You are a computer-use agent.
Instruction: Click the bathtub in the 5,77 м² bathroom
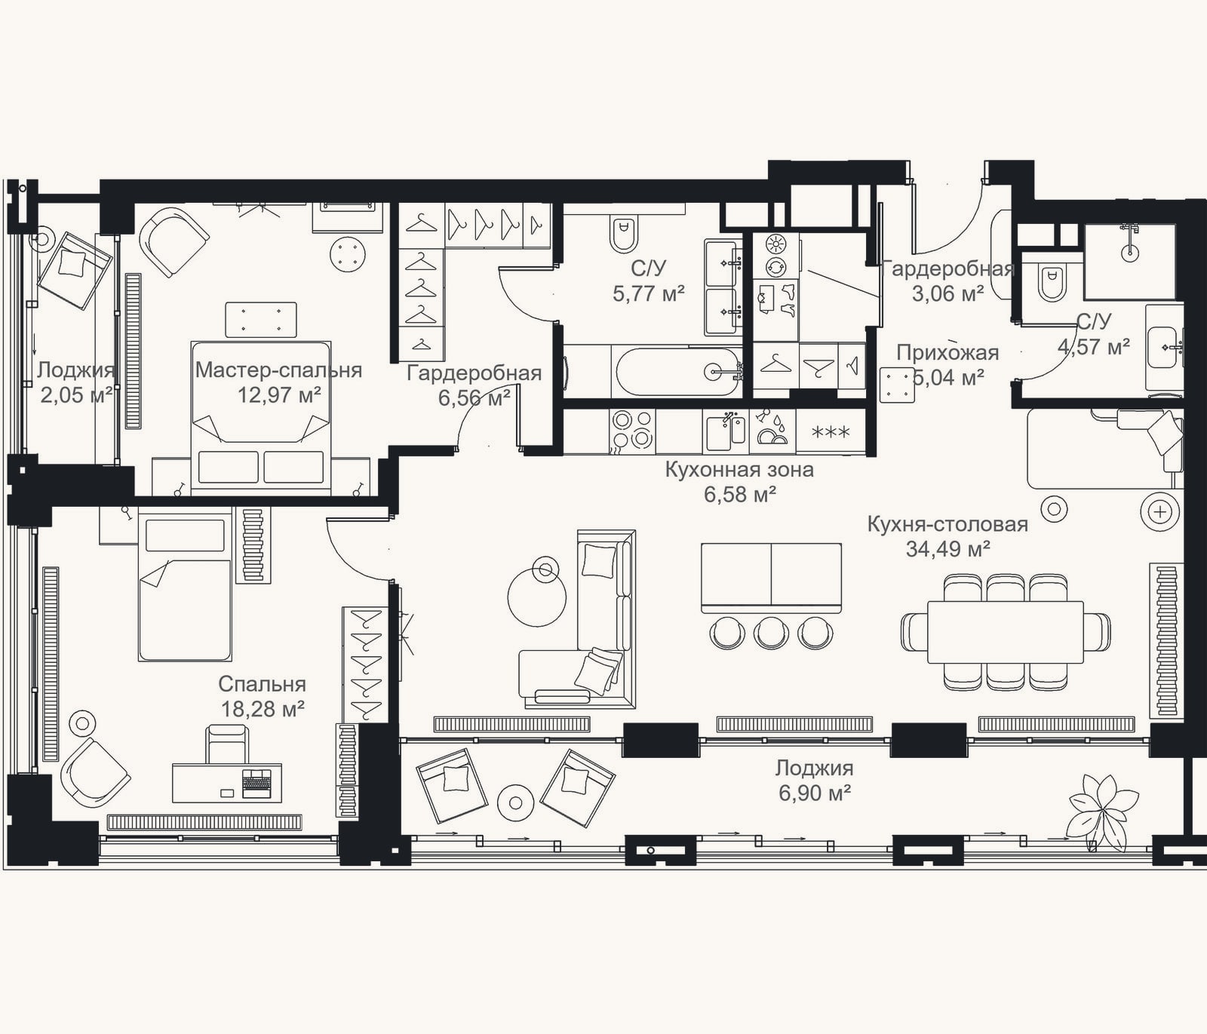tap(678, 371)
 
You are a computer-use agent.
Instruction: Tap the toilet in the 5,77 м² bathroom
tap(624, 232)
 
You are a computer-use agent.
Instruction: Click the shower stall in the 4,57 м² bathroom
tap(1129, 261)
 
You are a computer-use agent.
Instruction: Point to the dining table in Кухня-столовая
tap(1005, 631)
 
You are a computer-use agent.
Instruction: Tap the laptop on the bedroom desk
tap(256, 783)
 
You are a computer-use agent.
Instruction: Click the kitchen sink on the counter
tap(726, 431)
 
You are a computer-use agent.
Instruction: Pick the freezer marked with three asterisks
tap(830, 432)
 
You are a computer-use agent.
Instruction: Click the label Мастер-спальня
tap(278, 370)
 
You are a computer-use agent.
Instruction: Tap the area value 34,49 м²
tap(947, 548)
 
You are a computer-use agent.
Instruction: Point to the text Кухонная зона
tap(739, 470)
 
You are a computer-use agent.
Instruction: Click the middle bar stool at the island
tap(771, 632)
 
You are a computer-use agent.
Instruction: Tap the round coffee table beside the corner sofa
tap(536, 597)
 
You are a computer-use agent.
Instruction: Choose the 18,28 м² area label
tap(263, 708)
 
